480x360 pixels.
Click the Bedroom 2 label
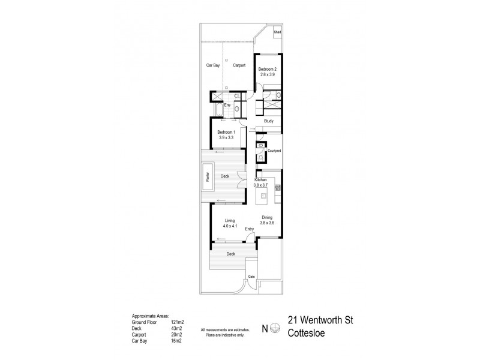266,70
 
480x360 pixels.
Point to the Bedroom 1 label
226,134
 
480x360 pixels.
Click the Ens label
227,106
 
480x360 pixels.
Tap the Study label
269,121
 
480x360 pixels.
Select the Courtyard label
275,151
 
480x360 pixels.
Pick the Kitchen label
260,180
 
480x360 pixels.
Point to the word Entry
250,229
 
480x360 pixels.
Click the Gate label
251,276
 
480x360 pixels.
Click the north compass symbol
275,328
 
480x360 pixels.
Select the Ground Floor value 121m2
178,322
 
